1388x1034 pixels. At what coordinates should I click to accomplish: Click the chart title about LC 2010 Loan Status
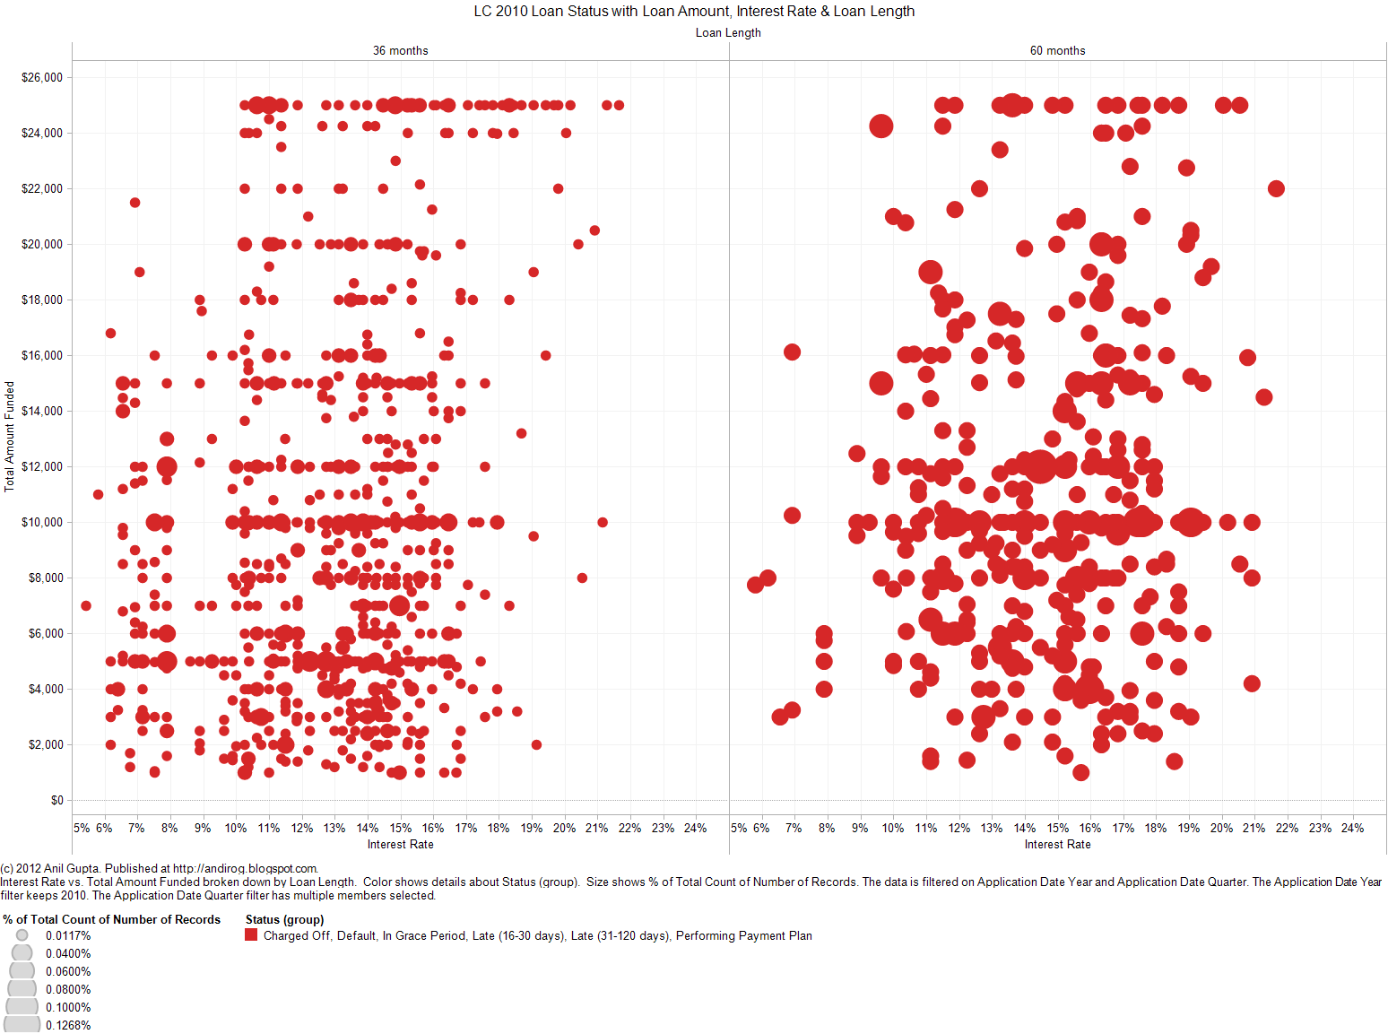[x=694, y=11]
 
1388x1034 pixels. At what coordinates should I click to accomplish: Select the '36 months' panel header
[x=400, y=51]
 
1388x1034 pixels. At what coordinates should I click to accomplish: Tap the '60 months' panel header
[x=1057, y=51]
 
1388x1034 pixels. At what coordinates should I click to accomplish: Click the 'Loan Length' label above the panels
[x=728, y=32]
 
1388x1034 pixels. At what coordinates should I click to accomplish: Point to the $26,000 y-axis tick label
[x=42, y=78]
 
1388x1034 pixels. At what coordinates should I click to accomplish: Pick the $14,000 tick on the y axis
[x=42, y=412]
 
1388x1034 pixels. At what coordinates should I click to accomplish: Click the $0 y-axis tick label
[x=56, y=801]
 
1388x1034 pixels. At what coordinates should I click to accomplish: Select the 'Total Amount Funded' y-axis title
[x=10, y=437]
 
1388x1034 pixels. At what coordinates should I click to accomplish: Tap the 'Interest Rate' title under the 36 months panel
[x=400, y=845]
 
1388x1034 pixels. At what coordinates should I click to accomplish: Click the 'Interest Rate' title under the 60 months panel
[x=1057, y=845]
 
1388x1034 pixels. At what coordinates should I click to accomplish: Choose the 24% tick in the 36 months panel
[x=695, y=829]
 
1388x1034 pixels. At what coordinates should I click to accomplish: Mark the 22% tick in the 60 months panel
[x=1287, y=829]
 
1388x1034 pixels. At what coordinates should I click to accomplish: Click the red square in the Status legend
[x=251, y=935]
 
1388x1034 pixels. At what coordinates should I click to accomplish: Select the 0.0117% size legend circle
[x=22, y=935]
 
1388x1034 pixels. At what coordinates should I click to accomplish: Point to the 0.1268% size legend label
[x=68, y=1026]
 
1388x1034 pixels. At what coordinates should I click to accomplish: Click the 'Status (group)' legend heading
[x=284, y=920]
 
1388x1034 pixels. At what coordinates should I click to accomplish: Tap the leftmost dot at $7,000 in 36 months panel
[x=86, y=606]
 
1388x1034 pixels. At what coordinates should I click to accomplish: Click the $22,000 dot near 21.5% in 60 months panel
[x=1276, y=188]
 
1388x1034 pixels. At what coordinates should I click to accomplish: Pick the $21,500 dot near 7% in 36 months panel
[x=134, y=203]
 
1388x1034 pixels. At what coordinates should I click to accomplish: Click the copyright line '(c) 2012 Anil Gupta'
[x=159, y=868]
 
